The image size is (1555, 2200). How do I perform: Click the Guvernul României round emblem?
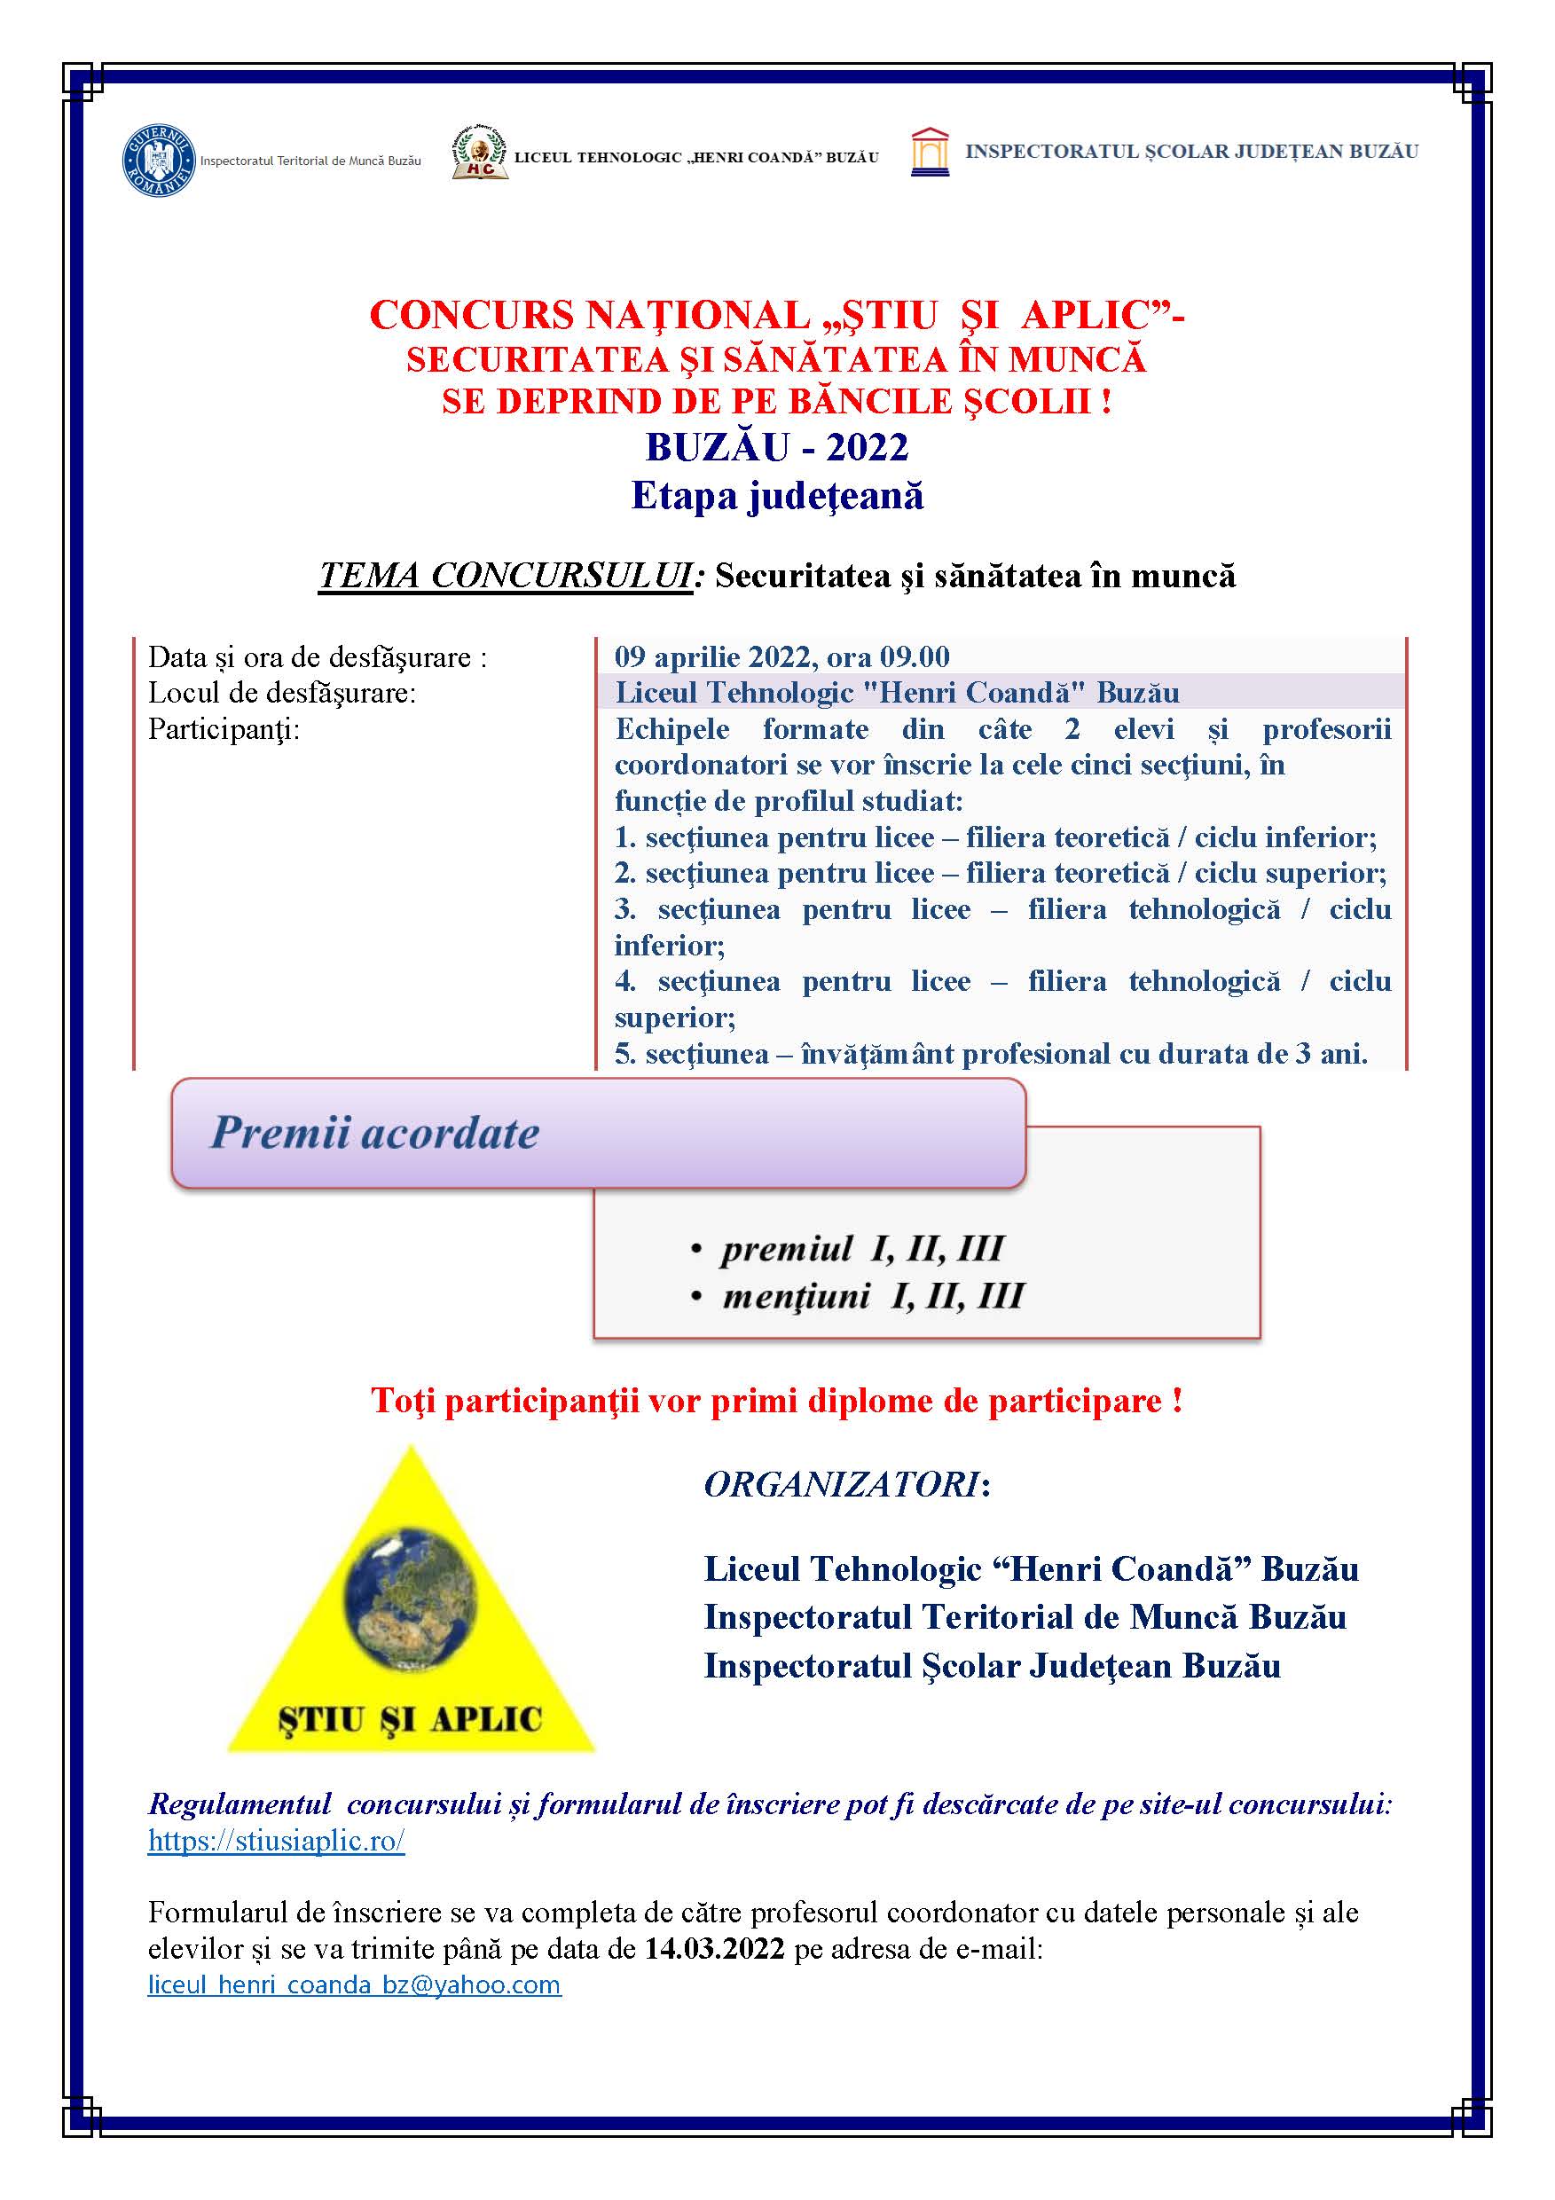(x=158, y=160)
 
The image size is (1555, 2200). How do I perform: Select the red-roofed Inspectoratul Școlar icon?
(x=930, y=153)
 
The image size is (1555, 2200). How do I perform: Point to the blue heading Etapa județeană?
(x=777, y=495)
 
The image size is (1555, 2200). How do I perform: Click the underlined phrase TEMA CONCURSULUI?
(x=505, y=576)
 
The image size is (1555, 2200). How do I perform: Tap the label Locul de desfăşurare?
(x=282, y=693)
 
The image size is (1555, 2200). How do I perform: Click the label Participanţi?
(x=224, y=729)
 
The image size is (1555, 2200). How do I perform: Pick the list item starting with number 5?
(x=991, y=1054)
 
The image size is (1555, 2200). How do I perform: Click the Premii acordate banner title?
(x=374, y=1133)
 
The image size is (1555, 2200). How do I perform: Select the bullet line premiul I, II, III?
(x=861, y=1248)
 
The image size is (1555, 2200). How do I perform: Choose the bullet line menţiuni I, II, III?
(x=872, y=1296)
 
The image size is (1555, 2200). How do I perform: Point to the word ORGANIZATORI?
(x=842, y=1485)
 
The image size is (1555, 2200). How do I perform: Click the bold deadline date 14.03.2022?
(x=714, y=1949)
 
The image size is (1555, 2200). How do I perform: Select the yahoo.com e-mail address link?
(x=354, y=1984)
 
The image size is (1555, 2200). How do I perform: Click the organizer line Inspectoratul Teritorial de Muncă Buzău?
(x=1025, y=1617)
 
